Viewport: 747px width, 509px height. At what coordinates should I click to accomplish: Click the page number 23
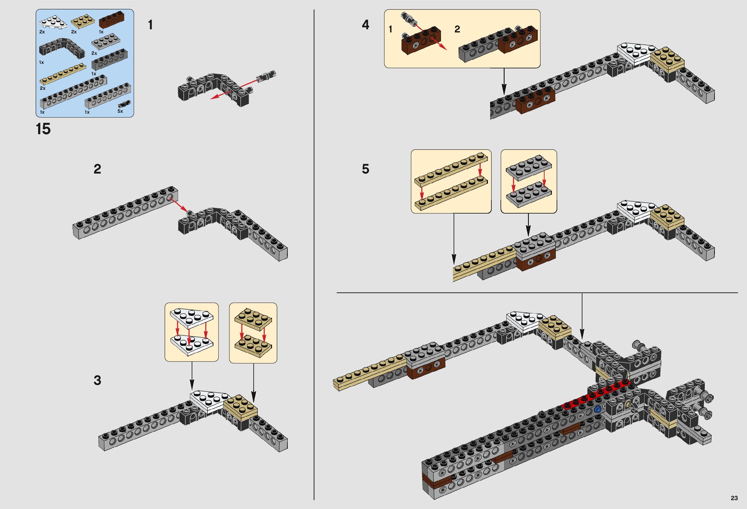(x=734, y=498)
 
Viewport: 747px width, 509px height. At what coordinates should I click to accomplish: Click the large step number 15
(x=43, y=129)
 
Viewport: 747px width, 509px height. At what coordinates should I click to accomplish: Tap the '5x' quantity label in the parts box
(x=120, y=111)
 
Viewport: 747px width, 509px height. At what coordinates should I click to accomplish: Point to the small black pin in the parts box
(x=125, y=104)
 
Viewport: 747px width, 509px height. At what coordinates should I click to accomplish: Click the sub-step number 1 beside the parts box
(x=150, y=25)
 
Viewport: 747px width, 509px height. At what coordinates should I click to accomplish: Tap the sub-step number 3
(x=97, y=380)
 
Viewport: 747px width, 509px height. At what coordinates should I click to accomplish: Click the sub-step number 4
(x=366, y=25)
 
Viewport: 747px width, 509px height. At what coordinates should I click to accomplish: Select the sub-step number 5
(x=366, y=169)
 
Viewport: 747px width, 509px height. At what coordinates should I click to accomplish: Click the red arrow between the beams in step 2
(x=179, y=204)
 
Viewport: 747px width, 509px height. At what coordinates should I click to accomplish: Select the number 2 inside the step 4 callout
(x=457, y=29)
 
